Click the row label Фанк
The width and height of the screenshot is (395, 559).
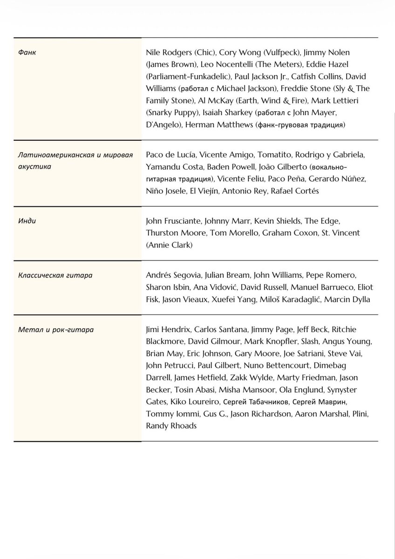coord(27,52)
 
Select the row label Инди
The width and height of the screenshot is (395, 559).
coord(27,221)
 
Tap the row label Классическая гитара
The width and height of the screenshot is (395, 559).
coord(55,275)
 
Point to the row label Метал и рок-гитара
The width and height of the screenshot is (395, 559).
coord(56,330)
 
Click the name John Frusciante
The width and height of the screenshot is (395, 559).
coord(174,221)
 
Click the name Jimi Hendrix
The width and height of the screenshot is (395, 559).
coord(167,330)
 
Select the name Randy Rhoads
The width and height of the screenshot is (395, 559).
coord(170,426)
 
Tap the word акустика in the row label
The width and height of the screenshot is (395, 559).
coord(34,166)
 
